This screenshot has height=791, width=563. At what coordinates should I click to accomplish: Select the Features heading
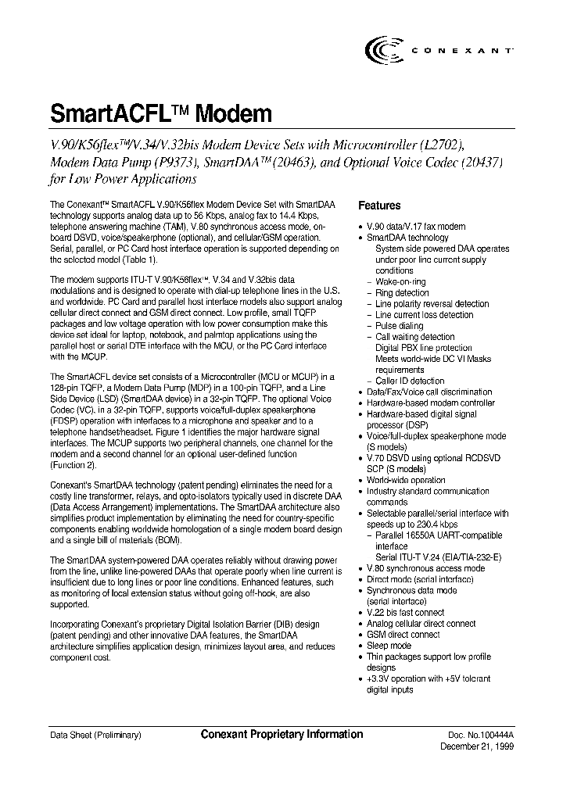point(379,206)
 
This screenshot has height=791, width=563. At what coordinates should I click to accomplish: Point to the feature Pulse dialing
point(399,326)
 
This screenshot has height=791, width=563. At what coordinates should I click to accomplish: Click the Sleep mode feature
point(389,646)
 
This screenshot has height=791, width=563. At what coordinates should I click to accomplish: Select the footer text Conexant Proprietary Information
point(281,735)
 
